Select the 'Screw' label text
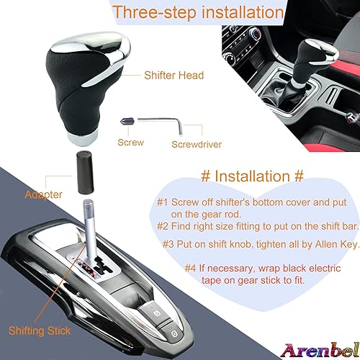(x=130, y=143)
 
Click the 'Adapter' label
(x=42, y=194)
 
